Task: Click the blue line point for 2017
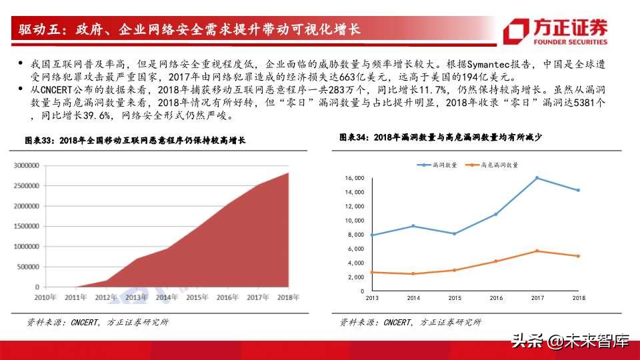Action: pos(537,178)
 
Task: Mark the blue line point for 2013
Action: pos(371,235)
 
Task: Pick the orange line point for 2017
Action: pos(537,251)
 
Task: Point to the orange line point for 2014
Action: pos(413,274)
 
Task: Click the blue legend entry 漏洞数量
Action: pos(438,165)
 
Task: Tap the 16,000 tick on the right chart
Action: pos(354,178)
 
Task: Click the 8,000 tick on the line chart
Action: pos(355,235)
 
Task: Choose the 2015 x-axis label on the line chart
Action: pos(454,298)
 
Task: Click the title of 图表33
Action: pos(135,141)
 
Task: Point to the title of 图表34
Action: pos(440,137)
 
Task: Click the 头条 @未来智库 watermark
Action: pos(571,341)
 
